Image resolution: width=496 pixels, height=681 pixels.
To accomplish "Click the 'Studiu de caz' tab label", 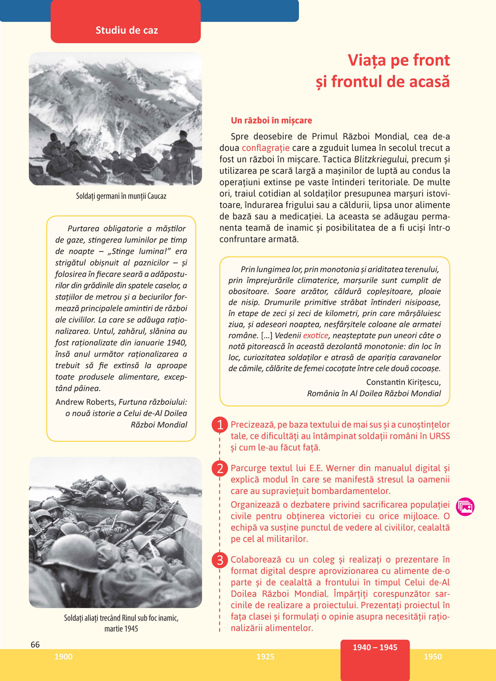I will [126, 30].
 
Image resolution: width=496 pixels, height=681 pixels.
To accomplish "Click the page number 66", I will [35, 644].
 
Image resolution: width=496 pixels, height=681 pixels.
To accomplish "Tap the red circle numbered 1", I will [220, 425].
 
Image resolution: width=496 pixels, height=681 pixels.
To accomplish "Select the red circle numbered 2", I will [220, 468].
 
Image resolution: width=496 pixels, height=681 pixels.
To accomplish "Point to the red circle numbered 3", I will [220, 560].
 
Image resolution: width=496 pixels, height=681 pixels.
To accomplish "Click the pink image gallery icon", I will [465, 506].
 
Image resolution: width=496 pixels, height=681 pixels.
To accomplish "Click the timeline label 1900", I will [63, 657].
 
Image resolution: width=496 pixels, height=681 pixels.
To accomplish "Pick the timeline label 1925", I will [265, 657].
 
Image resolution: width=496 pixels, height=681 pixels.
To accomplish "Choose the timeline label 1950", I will [433, 657].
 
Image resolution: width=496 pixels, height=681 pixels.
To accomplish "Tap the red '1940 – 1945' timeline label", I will [375, 647].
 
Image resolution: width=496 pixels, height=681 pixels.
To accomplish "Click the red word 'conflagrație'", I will [265, 148].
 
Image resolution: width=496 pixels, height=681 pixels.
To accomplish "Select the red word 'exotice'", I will [315, 335].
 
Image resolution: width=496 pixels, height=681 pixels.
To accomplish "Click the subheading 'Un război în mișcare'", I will [271, 121].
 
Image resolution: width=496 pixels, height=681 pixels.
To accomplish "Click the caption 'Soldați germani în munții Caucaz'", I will [121, 196].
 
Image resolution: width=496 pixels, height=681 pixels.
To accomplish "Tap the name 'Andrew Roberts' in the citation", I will [85, 402].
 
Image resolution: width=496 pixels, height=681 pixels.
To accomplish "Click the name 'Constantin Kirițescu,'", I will [403, 382].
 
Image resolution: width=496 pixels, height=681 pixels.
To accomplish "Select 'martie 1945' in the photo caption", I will [121, 628].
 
